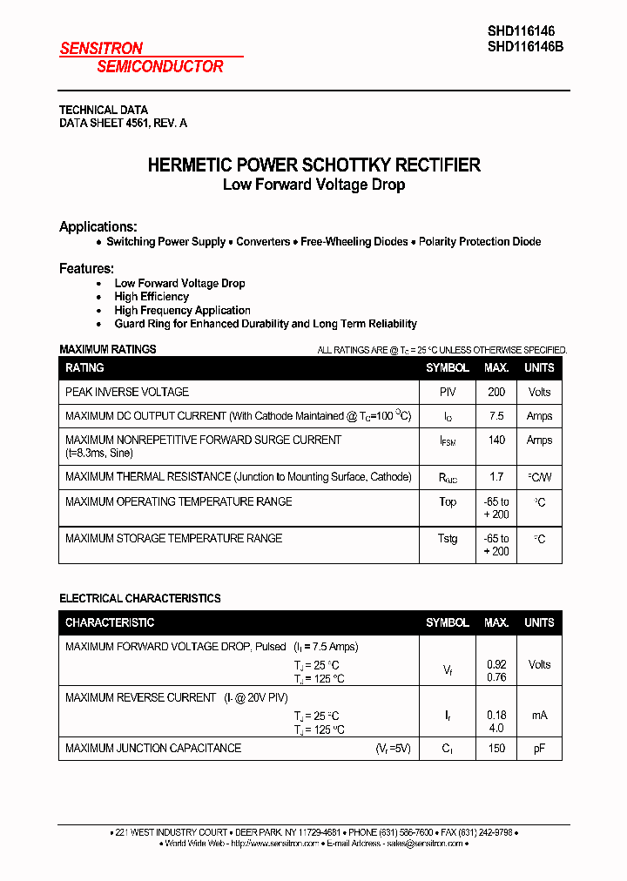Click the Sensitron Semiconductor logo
(141, 57)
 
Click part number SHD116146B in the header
(525, 49)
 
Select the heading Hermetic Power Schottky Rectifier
(313, 165)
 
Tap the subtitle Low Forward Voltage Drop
(313, 185)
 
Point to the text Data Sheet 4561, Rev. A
(123, 124)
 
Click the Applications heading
(98, 226)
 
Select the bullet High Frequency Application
(182, 310)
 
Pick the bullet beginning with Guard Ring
(266, 324)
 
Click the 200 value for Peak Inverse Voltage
(496, 392)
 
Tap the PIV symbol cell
(447, 392)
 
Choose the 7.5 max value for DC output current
(496, 416)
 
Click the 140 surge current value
(496, 440)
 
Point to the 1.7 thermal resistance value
(496, 477)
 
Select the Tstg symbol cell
(447, 539)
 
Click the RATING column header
(84, 367)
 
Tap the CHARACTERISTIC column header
(110, 622)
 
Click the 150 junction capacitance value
(496, 749)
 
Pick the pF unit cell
(539, 749)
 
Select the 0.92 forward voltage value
(496, 664)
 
